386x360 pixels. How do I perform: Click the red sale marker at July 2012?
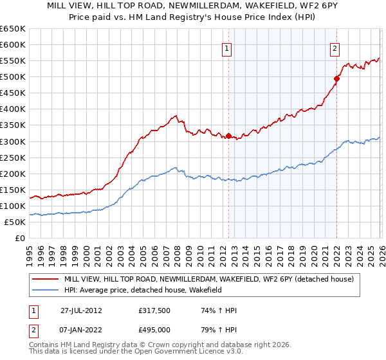tap(228, 136)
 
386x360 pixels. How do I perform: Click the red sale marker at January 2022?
tap(336, 78)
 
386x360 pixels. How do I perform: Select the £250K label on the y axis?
tap(13, 157)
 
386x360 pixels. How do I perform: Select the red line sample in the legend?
tap(44, 280)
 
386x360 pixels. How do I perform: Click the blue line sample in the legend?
tap(44, 291)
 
